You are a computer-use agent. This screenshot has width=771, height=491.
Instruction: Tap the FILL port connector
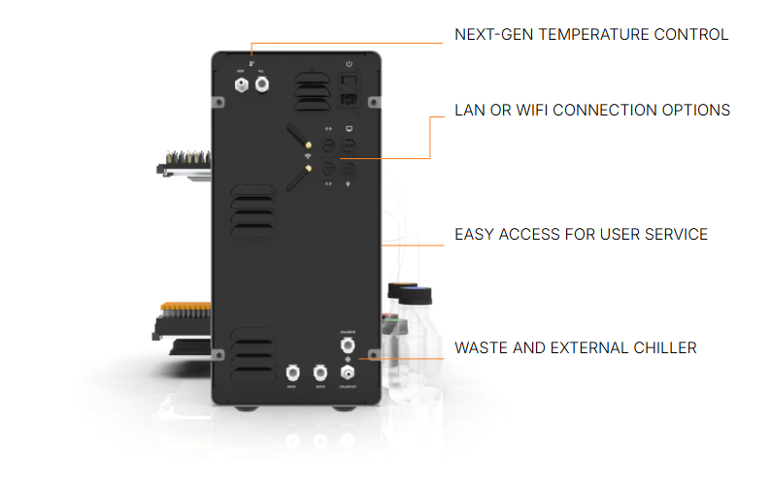[261, 86]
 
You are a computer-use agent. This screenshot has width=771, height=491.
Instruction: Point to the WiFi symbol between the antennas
[308, 155]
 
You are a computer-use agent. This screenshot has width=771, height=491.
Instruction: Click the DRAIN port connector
[291, 372]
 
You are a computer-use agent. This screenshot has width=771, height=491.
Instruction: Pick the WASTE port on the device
[319, 372]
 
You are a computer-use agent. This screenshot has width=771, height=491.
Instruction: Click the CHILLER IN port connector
[347, 344]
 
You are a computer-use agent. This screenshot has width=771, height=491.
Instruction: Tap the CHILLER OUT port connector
[347, 372]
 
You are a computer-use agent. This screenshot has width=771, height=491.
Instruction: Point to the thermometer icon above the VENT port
[251, 62]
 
